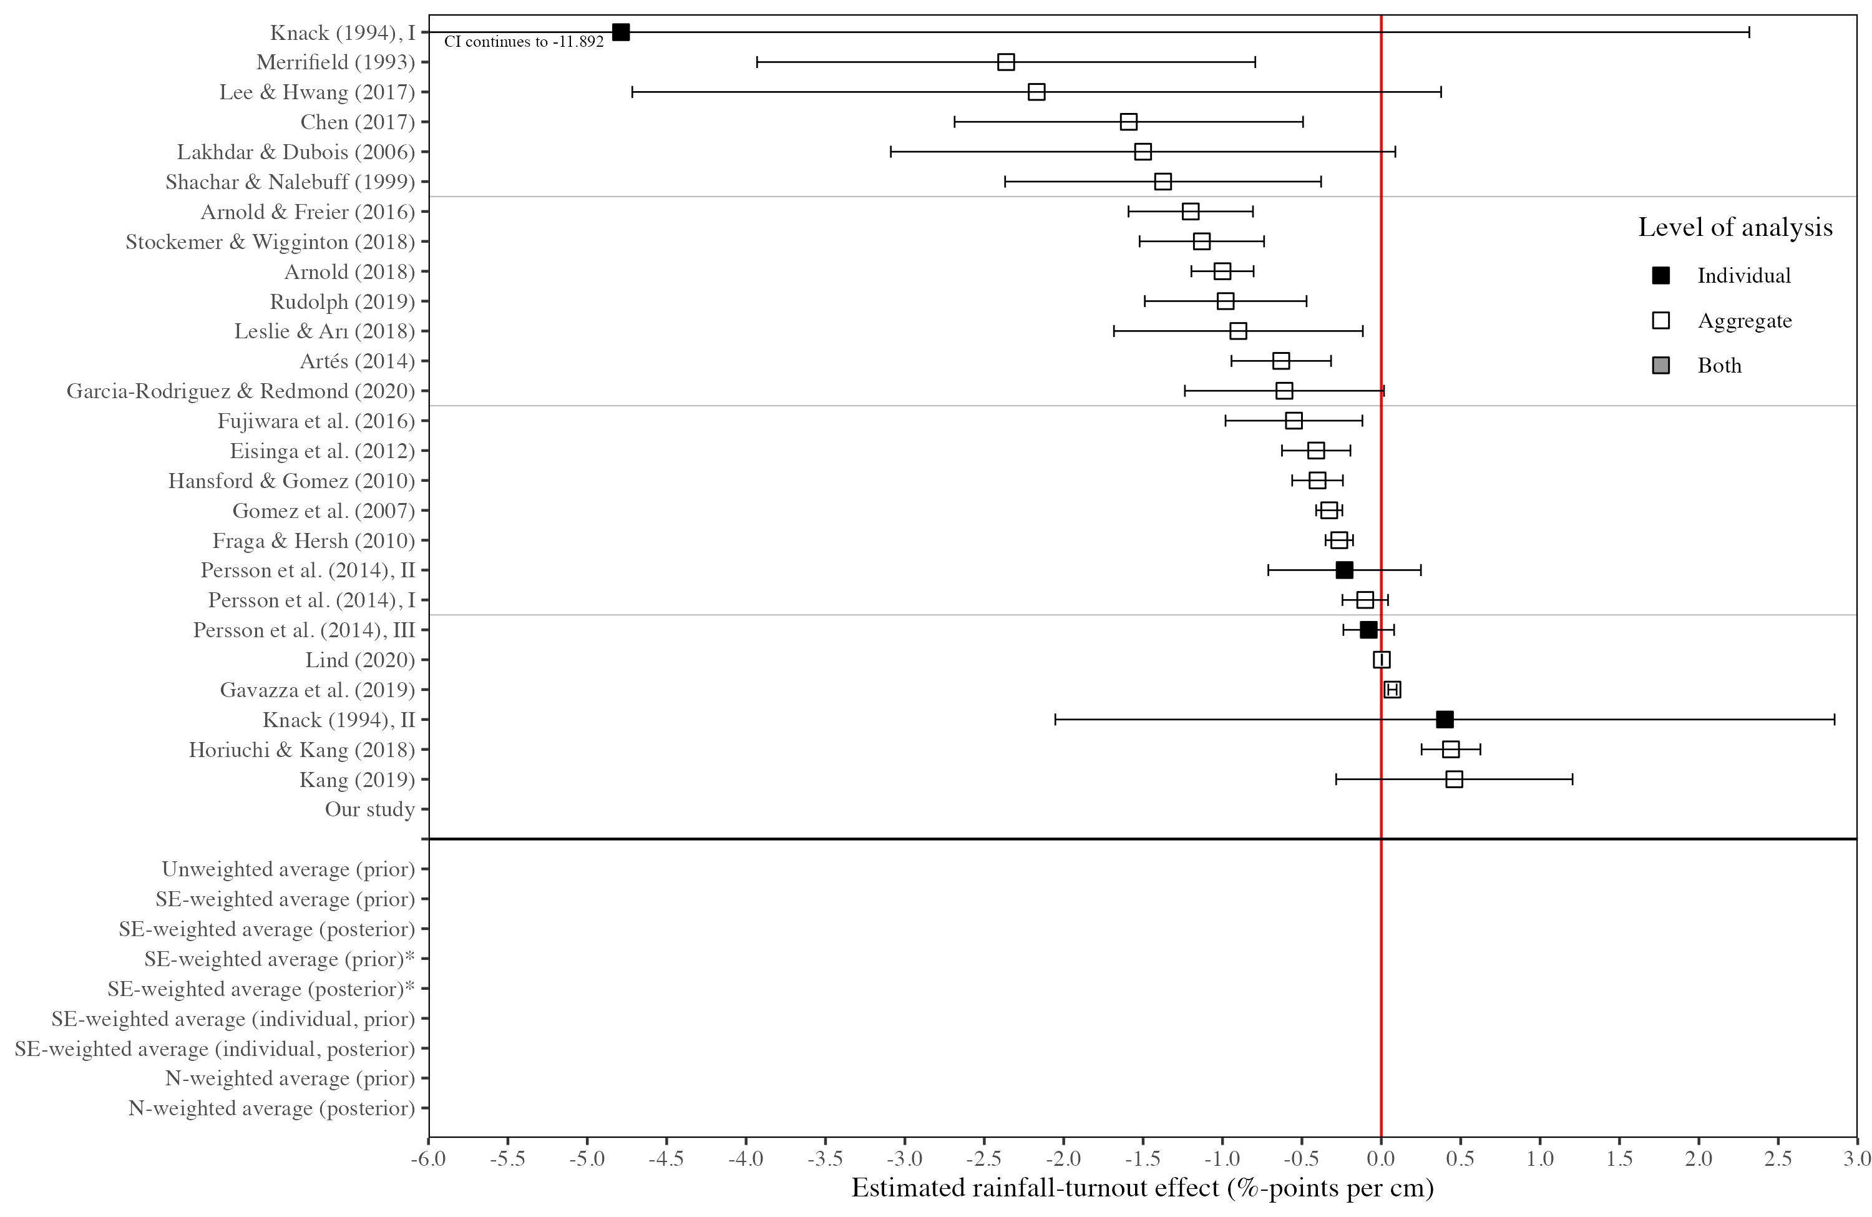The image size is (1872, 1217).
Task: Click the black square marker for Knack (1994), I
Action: click(x=621, y=32)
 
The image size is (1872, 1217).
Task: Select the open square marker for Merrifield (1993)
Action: click(x=1005, y=62)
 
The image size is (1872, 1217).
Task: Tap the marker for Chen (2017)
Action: click(x=1128, y=122)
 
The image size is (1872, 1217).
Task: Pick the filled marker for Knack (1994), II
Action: click(x=1444, y=720)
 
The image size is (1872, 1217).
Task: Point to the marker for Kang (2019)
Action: click(x=1453, y=780)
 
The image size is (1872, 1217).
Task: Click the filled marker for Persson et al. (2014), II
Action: click(x=1344, y=570)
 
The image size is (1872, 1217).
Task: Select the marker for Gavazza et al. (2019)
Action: click(x=1392, y=690)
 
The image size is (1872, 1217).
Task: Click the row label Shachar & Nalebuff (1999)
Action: click(x=290, y=182)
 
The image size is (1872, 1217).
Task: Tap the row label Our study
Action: click(x=369, y=809)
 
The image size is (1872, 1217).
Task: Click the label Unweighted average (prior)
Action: click(x=288, y=869)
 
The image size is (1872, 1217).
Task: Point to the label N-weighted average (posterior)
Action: click(x=271, y=1108)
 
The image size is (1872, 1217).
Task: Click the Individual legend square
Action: click(x=1660, y=275)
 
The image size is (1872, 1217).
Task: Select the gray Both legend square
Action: click(x=1660, y=366)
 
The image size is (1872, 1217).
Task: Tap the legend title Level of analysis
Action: click(x=1734, y=227)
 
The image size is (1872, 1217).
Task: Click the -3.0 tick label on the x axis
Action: click(x=905, y=1159)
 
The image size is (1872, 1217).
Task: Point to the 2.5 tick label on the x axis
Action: click(x=1778, y=1159)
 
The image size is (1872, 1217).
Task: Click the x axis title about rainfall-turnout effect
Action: click(x=1142, y=1188)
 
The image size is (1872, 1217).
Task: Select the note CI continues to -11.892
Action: click(x=524, y=42)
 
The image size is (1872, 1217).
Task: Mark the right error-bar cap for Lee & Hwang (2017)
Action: click(x=1440, y=92)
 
